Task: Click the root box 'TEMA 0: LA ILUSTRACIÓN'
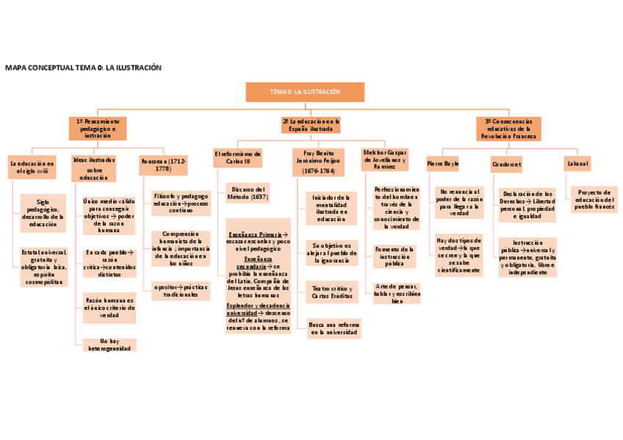click(x=305, y=92)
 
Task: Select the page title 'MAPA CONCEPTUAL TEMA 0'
click(x=82, y=68)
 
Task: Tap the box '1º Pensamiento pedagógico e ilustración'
click(x=98, y=128)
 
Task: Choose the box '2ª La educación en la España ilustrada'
click(x=311, y=125)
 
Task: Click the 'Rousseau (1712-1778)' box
click(x=163, y=165)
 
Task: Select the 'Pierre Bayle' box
click(x=443, y=163)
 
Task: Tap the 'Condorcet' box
click(x=506, y=164)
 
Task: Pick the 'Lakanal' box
click(x=577, y=162)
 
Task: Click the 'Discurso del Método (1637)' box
click(x=248, y=192)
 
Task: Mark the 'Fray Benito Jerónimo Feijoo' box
click(x=318, y=162)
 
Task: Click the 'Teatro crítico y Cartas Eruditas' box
click(x=331, y=293)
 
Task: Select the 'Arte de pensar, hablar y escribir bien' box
click(x=397, y=293)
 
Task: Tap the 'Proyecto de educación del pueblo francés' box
click(x=594, y=199)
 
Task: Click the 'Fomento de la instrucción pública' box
click(x=395, y=256)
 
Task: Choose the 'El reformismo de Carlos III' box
click(x=237, y=158)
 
